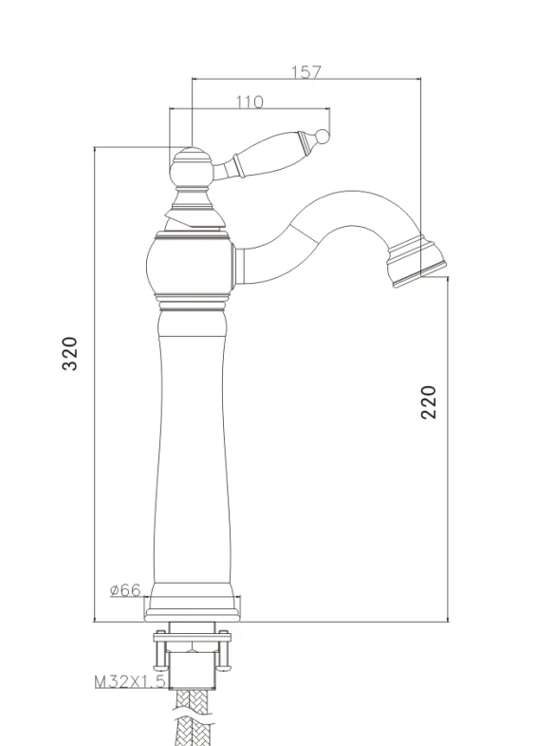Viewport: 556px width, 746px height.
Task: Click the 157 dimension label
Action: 306,72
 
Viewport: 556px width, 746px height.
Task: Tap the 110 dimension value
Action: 250,102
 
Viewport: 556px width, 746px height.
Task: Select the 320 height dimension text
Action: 70,353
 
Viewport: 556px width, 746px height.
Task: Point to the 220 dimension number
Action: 429,402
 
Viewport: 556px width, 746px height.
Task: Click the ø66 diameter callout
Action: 125,590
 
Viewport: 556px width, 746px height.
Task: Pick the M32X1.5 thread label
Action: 130,681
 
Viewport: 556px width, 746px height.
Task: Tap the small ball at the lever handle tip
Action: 323,136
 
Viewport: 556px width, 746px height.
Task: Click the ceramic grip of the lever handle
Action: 269,153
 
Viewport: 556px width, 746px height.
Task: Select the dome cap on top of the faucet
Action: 191,166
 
